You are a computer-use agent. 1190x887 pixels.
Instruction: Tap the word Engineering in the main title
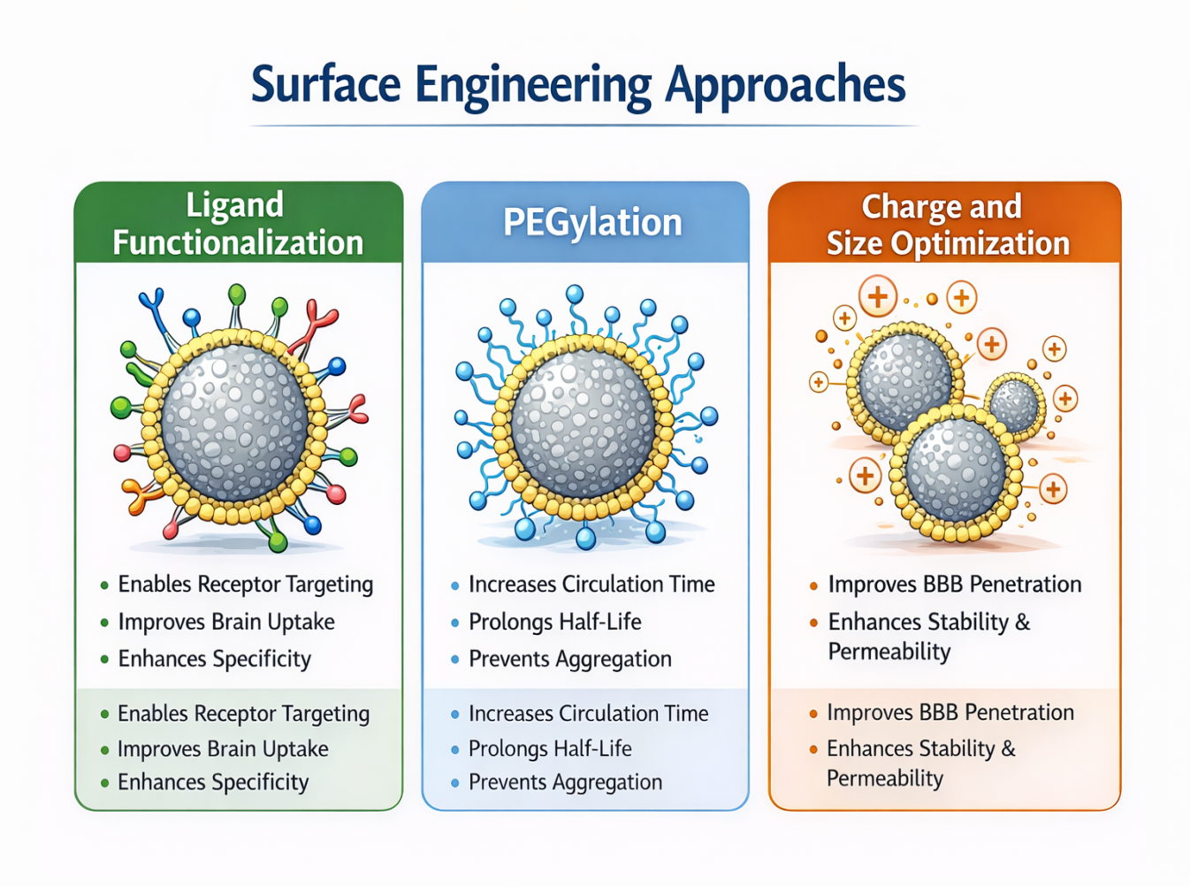[x=533, y=87]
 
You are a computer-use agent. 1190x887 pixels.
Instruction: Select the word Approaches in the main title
[x=785, y=87]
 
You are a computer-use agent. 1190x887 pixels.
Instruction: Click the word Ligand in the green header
[x=235, y=205]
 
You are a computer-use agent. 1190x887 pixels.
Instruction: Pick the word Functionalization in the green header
[x=238, y=242]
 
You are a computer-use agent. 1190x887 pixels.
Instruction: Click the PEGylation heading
[x=592, y=222]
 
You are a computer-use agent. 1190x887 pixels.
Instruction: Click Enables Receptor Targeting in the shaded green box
[x=243, y=714]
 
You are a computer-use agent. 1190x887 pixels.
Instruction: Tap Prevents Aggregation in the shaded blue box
[x=565, y=783]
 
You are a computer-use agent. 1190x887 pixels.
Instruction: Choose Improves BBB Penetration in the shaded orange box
[x=950, y=713]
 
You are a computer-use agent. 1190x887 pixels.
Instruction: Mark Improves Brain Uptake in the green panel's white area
[x=226, y=622]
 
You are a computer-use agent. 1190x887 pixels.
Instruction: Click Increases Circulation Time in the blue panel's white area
[x=591, y=585]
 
